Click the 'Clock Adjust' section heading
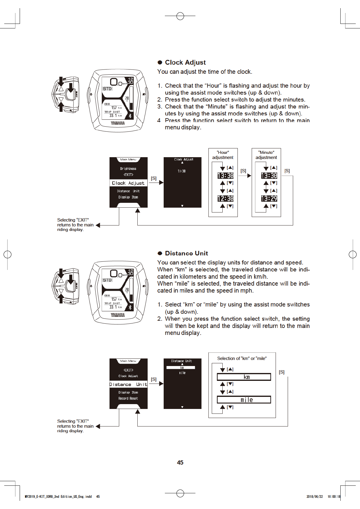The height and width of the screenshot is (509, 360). tap(185, 63)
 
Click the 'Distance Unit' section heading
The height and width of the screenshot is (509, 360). tap(186, 253)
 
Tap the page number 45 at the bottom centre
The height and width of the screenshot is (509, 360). tap(180, 462)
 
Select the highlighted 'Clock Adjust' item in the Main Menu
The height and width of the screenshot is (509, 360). tap(128, 183)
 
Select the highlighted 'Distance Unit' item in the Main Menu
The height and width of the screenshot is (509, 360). tap(128, 384)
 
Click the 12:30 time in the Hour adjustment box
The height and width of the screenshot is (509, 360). tap(225, 199)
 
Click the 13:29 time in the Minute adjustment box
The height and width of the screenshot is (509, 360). tap(269, 199)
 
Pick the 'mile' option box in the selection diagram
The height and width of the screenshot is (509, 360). tap(244, 400)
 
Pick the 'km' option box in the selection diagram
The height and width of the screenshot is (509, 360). tap(244, 377)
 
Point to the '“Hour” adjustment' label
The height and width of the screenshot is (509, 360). tap(223, 155)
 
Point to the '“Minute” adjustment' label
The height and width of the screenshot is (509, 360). tap(266, 155)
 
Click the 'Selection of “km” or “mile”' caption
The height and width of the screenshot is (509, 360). tap(242, 358)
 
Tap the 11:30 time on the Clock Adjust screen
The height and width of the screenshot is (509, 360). tap(182, 171)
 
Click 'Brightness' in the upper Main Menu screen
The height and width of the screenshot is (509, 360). tap(128, 169)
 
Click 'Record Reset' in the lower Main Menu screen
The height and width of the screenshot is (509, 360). tap(128, 398)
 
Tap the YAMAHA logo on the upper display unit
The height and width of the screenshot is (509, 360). tap(118, 123)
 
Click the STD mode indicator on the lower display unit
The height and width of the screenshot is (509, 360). tap(107, 280)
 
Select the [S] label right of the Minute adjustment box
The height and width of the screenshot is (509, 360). tap(287, 171)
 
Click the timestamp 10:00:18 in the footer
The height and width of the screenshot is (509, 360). tap(334, 497)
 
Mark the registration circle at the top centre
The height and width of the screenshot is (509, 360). tap(180, 16)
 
